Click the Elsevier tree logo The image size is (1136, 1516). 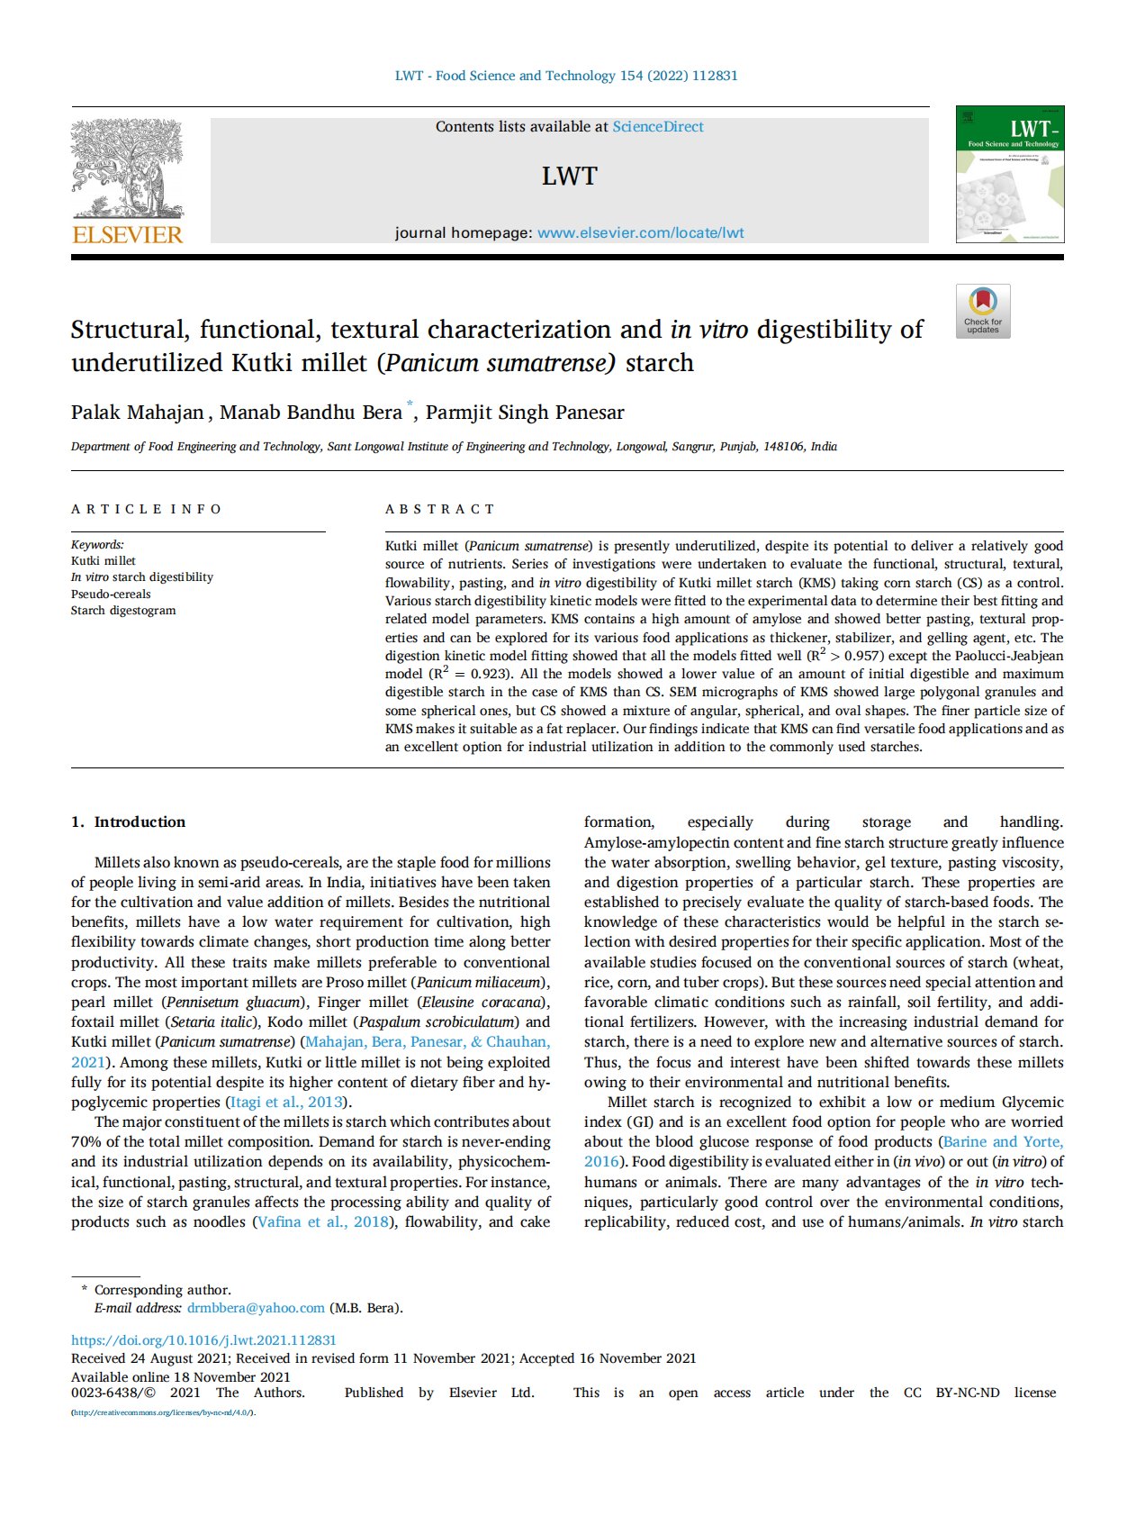click(x=127, y=169)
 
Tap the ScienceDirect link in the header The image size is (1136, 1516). click(x=658, y=127)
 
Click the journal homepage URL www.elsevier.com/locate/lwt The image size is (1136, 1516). click(x=640, y=232)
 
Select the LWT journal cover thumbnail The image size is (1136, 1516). click(x=1009, y=174)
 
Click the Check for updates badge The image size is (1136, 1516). click(x=983, y=312)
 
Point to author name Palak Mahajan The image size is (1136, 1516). click(x=138, y=413)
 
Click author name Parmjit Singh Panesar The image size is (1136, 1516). click(x=525, y=413)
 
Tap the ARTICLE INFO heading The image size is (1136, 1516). click(x=147, y=509)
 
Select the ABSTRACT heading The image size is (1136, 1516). click(x=440, y=509)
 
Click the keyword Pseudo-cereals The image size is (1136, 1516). click(x=111, y=594)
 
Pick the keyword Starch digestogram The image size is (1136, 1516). click(x=123, y=611)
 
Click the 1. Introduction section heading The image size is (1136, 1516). click(x=128, y=822)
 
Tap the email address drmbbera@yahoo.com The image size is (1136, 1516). click(x=256, y=1308)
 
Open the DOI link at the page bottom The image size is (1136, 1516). click(x=203, y=1339)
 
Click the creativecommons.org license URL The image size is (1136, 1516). click(x=163, y=1412)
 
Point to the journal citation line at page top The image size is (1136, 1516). click(x=566, y=76)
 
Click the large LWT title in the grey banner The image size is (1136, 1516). click(x=569, y=177)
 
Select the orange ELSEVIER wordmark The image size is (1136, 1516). click(x=127, y=235)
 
